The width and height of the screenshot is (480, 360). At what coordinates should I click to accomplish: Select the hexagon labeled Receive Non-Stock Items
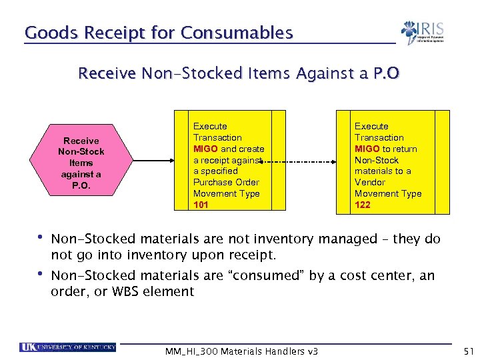81,163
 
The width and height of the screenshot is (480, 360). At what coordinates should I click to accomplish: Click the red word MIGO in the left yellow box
205,149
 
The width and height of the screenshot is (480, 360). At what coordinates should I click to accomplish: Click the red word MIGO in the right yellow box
367,149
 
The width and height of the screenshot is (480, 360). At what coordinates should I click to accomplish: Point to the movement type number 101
201,205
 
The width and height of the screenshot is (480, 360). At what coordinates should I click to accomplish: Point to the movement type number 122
362,205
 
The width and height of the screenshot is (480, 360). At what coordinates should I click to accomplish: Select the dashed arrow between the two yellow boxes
308,162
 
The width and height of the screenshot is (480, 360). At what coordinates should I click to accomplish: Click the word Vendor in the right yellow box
370,182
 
